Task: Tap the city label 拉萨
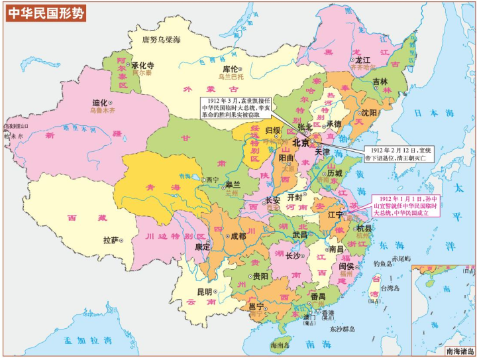pyautogui.click(x=110, y=240)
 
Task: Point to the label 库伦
pyautogui.click(x=229, y=68)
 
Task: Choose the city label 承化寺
pyautogui.click(x=142, y=66)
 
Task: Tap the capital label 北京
pyautogui.click(x=301, y=143)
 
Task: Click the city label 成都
pyautogui.click(x=237, y=236)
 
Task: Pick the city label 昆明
pyautogui.click(x=204, y=292)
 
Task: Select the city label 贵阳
pyautogui.click(x=260, y=276)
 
